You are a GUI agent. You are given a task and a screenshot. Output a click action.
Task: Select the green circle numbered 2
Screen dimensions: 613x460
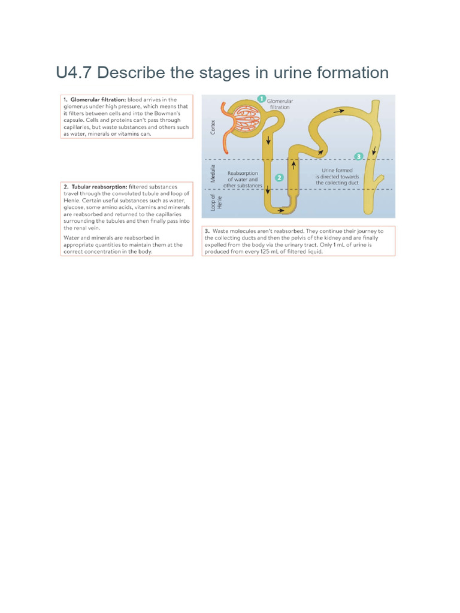pos(279,178)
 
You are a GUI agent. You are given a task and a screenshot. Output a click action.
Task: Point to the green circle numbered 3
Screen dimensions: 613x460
pos(359,156)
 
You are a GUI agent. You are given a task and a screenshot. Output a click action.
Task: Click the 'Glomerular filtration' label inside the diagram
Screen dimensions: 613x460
pos(280,104)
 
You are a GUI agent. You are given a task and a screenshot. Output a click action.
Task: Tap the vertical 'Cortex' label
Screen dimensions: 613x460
pos(213,126)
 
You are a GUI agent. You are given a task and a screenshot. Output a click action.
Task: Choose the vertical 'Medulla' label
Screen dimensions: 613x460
pos(213,174)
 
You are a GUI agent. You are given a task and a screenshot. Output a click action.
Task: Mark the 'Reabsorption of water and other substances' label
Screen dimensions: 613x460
pos(243,180)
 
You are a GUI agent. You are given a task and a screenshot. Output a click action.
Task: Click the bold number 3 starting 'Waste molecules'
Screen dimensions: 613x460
pos(207,230)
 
